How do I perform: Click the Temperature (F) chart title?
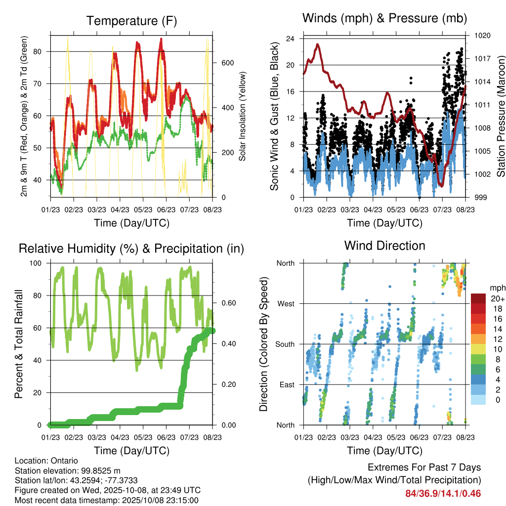coord(131,21)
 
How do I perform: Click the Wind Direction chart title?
coord(384,246)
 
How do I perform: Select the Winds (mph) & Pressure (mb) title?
coord(384,19)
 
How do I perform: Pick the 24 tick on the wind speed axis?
coord(291,39)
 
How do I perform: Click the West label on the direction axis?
coord(286,303)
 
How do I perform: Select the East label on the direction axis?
coord(287,384)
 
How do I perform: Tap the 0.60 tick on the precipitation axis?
coord(225,303)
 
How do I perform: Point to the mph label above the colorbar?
coord(497,288)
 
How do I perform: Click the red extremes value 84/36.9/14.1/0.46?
coord(443,494)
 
